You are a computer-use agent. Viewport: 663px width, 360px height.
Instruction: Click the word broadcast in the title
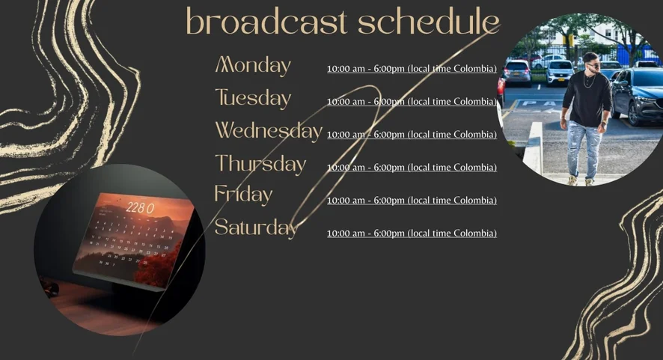tap(266, 21)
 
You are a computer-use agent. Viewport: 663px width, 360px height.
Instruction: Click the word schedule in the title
tap(428, 21)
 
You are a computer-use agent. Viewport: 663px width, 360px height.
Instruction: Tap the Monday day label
tap(253, 66)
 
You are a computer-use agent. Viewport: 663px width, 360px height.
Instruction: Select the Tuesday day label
tap(253, 98)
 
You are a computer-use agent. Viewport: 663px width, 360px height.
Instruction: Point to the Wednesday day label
tap(269, 131)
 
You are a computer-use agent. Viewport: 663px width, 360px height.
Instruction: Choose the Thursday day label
tap(260, 164)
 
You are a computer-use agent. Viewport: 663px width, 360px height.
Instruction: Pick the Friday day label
tap(243, 195)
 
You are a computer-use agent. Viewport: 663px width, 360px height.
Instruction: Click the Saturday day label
tap(256, 228)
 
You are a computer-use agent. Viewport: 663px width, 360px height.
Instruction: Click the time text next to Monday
tap(412, 69)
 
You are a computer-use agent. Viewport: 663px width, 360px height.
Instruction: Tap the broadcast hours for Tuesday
tap(412, 102)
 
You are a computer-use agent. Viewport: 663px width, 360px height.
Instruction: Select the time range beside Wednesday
tap(412, 135)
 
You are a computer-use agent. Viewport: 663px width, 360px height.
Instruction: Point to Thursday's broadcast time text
tap(412, 168)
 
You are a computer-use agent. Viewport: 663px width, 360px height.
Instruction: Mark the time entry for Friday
tap(412, 200)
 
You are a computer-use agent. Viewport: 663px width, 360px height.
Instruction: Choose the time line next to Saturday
tap(412, 233)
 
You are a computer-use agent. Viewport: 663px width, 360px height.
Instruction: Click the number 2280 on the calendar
tap(140, 208)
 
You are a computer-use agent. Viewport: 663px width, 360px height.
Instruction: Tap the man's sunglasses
tap(593, 64)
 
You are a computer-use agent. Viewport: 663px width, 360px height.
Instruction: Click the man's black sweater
tap(587, 99)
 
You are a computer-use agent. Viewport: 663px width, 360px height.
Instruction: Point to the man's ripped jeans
tap(584, 149)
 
